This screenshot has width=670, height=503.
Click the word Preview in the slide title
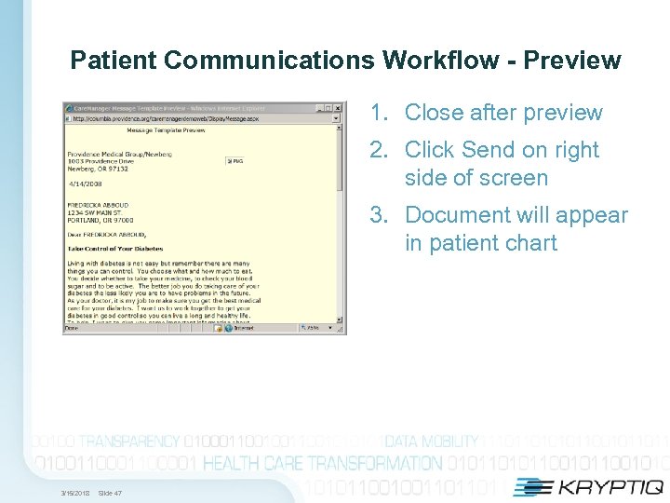pos(571,61)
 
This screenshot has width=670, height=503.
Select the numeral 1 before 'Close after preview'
pos(377,113)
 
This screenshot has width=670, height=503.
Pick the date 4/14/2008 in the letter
pos(82,183)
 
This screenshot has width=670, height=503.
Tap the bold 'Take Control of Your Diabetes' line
pos(114,249)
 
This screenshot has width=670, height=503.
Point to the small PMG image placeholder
pos(234,160)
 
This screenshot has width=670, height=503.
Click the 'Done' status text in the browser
pos(72,328)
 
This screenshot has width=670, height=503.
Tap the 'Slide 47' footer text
pos(110,493)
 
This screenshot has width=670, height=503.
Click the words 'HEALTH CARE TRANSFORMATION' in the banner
pos(323,463)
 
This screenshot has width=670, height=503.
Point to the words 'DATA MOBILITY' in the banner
pos(432,441)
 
